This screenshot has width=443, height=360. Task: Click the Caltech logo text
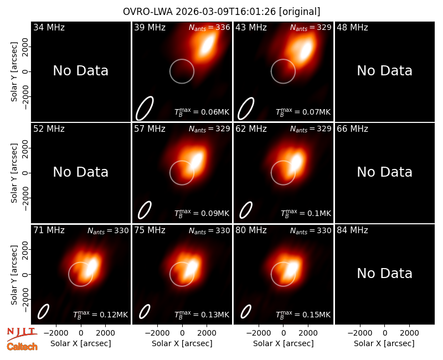click(x=22, y=347)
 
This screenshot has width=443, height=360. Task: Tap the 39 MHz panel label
click(x=150, y=27)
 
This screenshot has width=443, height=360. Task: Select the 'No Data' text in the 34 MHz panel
click(x=80, y=71)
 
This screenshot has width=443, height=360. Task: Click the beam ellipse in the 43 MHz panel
click(x=246, y=109)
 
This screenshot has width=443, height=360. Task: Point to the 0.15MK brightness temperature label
click(x=303, y=314)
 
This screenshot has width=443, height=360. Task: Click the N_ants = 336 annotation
click(x=209, y=27)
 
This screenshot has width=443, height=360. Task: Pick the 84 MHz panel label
click(x=352, y=230)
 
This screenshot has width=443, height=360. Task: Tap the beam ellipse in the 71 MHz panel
click(x=44, y=311)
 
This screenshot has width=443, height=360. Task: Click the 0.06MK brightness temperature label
click(x=202, y=112)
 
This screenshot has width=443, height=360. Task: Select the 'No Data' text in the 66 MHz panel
click(x=384, y=172)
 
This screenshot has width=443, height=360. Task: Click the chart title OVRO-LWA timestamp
click(x=221, y=12)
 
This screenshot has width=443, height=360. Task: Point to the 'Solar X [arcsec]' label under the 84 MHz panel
click(x=384, y=343)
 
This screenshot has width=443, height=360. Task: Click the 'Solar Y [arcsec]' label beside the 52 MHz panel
click(x=14, y=173)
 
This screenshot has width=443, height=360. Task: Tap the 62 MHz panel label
click(x=251, y=129)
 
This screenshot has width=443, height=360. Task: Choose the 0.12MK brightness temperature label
click(x=101, y=314)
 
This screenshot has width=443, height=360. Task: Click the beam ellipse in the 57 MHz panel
click(x=145, y=210)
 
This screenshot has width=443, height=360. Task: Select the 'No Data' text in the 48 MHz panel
click(x=384, y=71)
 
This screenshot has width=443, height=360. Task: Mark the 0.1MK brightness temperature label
click(x=306, y=213)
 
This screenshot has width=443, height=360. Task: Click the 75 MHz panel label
click(x=150, y=230)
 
